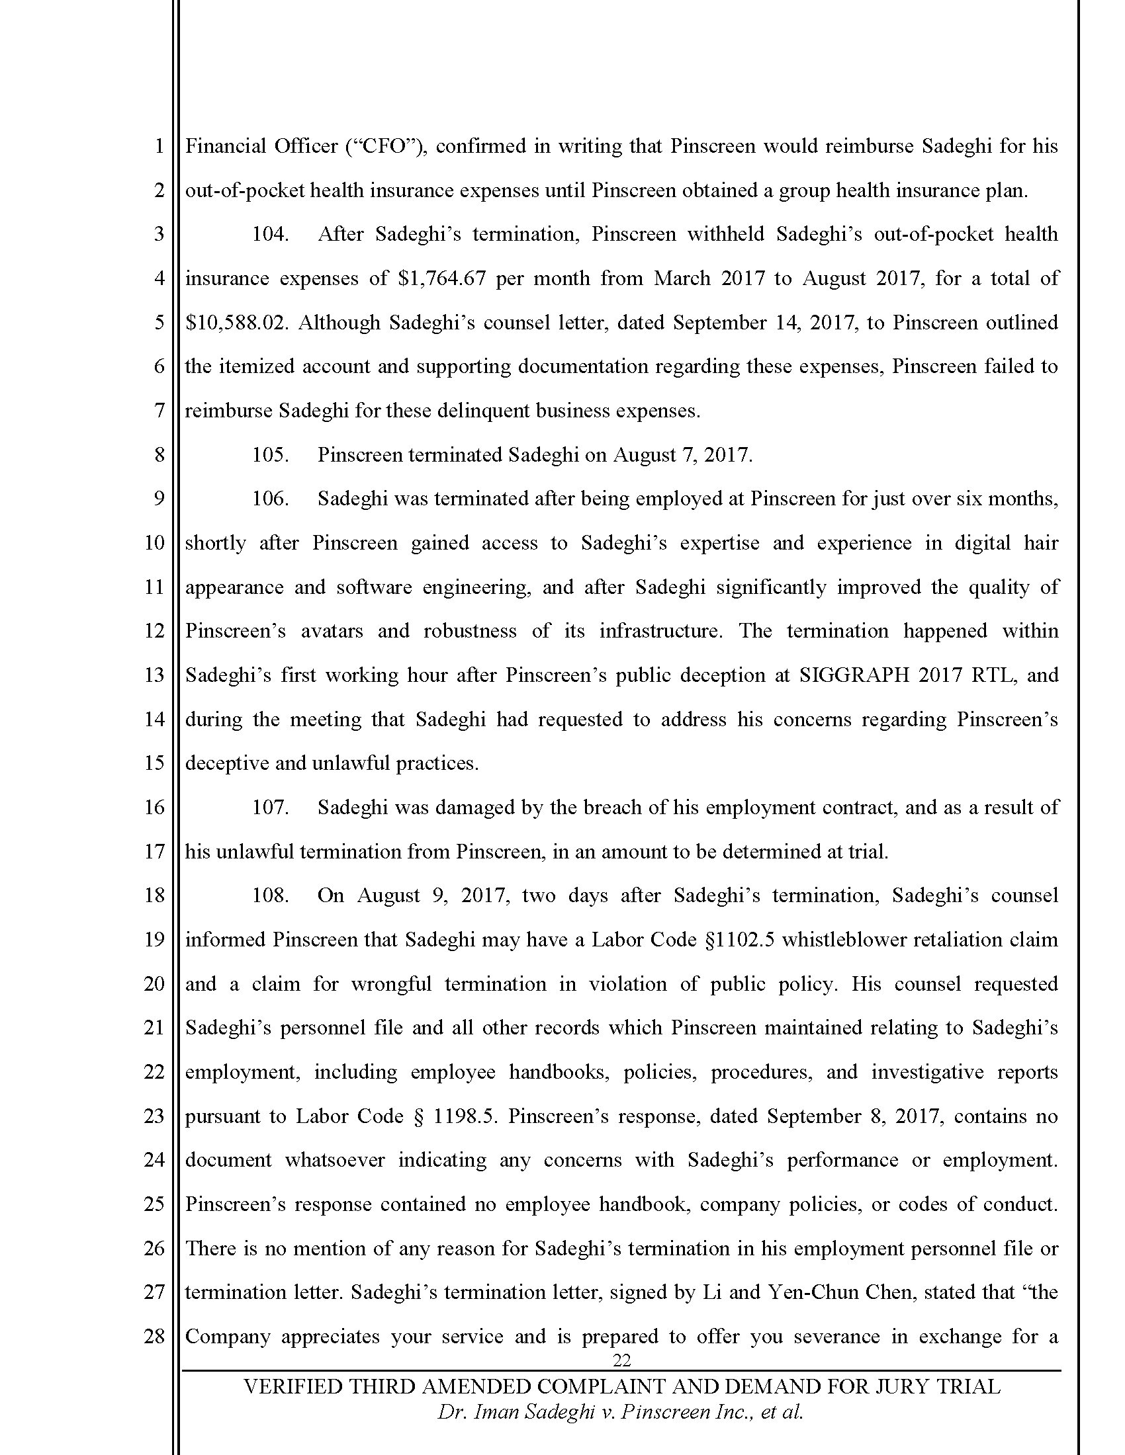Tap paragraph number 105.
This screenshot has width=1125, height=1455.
point(270,455)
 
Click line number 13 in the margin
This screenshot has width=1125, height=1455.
point(154,675)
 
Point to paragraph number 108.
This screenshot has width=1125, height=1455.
point(270,895)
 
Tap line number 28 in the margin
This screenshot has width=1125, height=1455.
point(154,1337)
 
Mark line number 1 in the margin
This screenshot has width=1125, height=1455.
point(159,147)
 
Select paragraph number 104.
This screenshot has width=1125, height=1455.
point(270,235)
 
